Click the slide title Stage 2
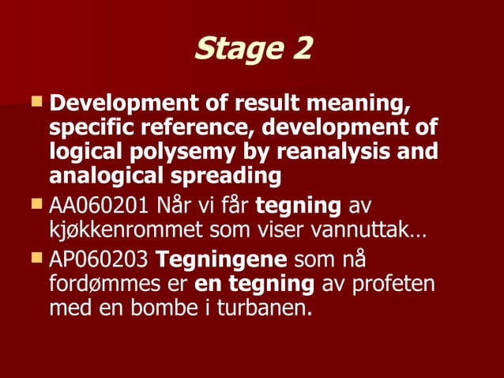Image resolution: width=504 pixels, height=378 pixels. pyautogui.click(x=253, y=48)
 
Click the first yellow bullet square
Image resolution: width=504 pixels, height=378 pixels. pyautogui.click(x=36, y=102)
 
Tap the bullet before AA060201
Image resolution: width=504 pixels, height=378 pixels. pyautogui.click(x=36, y=204)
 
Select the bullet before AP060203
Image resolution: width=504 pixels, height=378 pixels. pyautogui.click(x=36, y=256)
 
